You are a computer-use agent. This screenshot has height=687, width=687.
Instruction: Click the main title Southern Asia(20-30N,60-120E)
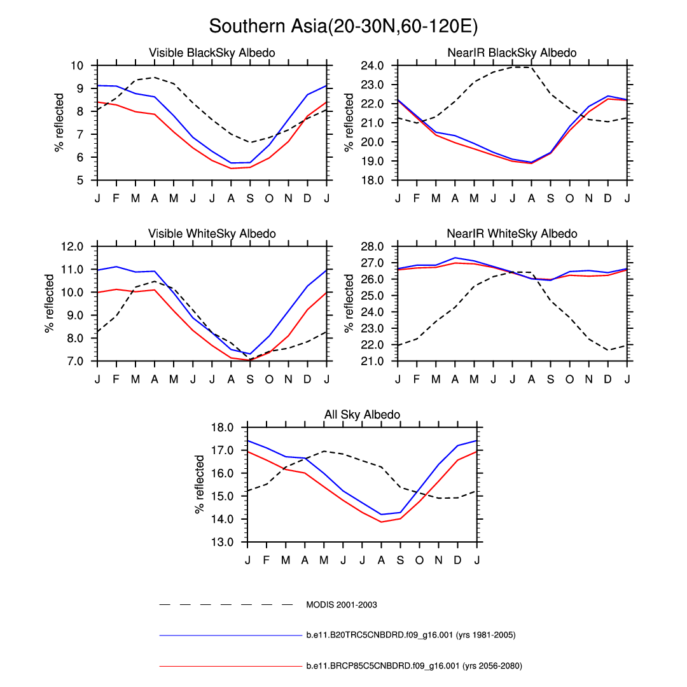(x=343, y=27)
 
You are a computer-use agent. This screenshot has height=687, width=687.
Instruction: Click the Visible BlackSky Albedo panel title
(x=212, y=53)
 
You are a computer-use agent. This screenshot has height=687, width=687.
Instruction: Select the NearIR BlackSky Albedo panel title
(x=512, y=53)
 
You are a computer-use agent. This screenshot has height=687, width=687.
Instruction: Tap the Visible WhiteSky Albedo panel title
(x=212, y=234)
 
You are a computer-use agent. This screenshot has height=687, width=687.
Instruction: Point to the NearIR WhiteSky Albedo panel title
(x=512, y=234)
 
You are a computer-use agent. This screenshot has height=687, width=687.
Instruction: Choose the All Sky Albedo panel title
(x=362, y=415)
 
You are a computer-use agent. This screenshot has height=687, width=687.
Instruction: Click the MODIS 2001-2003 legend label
(x=342, y=604)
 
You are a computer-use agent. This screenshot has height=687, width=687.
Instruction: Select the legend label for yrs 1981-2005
(x=410, y=635)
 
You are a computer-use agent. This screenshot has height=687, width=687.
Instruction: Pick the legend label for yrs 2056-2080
(x=413, y=666)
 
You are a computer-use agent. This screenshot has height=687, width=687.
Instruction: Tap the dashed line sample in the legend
(x=226, y=604)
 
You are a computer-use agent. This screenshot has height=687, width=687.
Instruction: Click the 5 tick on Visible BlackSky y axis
(x=81, y=180)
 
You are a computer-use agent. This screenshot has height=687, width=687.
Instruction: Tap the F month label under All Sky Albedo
(x=267, y=560)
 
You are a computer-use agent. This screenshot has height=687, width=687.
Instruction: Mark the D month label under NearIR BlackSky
(x=608, y=198)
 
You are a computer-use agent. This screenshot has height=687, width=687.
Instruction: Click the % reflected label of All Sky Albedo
(x=200, y=484)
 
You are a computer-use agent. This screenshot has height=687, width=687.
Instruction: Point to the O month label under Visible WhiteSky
(x=269, y=380)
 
